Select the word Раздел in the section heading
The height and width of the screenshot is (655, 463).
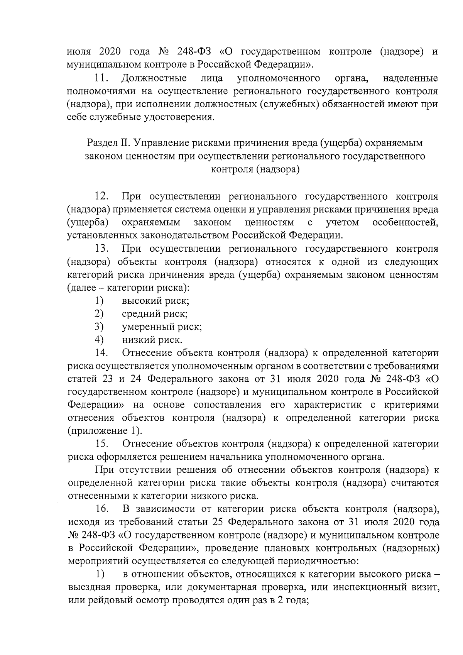tap(101, 143)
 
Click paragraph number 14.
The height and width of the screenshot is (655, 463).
tap(101, 353)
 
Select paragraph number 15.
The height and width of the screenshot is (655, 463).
tap(101, 444)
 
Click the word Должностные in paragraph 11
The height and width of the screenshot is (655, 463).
tap(154, 79)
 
